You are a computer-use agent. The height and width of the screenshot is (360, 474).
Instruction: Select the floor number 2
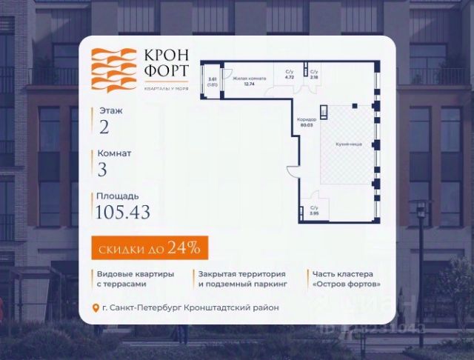[x=104, y=126]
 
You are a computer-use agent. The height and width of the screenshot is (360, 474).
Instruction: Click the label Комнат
[x=114, y=153]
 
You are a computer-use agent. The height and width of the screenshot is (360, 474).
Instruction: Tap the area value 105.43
[x=123, y=213]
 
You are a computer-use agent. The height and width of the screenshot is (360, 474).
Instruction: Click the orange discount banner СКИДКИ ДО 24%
[x=150, y=246]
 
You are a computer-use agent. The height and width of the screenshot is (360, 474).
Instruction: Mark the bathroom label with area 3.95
[x=314, y=210]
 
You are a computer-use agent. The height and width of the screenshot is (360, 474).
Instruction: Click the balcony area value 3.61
[x=213, y=79]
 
